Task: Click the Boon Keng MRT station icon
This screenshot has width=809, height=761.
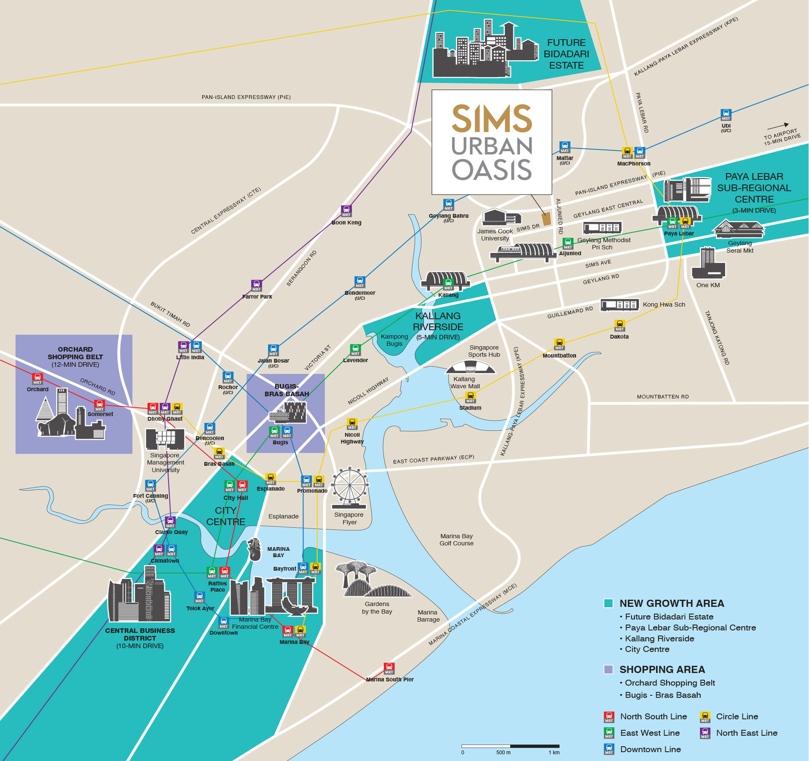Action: point(346,211)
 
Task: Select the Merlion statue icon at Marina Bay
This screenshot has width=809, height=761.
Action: point(254,549)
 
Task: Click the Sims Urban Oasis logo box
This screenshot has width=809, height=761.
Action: point(492,142)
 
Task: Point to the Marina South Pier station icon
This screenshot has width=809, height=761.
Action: point(389,668)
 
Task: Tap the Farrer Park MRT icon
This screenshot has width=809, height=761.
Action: point(257,286)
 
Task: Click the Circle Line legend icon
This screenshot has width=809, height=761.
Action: point(705,717)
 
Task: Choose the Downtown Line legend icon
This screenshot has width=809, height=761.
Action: point(609,750)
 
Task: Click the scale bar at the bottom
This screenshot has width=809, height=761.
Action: point(510,746)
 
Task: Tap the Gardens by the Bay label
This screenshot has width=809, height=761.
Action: point(377,608)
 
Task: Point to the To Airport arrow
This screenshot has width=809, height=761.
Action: point(777,126)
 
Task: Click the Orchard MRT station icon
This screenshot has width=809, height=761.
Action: point(38,379)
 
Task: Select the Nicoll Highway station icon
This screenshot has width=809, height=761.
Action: point(352,424)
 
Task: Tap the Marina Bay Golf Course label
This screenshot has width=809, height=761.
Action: point(456,539)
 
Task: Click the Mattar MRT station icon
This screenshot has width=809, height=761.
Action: point(565,147)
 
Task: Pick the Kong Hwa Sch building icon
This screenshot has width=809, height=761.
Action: point(619,304)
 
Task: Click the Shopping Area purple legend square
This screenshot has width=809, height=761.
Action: point(608,669)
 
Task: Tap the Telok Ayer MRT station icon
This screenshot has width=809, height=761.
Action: point(199,597)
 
